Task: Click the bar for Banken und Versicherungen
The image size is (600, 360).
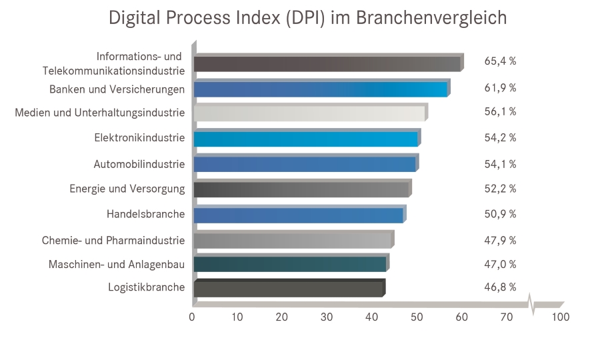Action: (x=320, y=89)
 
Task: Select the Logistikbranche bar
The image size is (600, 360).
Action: (x=288, y=288)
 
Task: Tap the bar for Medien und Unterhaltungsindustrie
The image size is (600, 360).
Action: (x=310, y=113)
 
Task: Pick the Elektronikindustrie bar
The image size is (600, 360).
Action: (x=306, y=139)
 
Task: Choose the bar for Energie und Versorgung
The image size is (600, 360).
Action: (x=301, y=189)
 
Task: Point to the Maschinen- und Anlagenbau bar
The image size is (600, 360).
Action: (x=290, y=264)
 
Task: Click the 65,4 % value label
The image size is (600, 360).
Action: (x=500, y=61)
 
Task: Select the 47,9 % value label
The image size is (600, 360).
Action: (x=500, y=239)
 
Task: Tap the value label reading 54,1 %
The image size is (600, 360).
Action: (x=500, y=164)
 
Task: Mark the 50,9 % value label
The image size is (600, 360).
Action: (x=500, y=214)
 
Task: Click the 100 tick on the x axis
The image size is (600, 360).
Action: (x=561, y=317)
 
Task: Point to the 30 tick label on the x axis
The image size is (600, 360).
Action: (x=327, y=317)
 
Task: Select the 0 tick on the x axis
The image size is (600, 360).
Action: (x=192, y=317)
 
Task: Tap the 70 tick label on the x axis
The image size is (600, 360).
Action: (x=507, y=317)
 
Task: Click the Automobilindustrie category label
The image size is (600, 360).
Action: (x=139, y=164)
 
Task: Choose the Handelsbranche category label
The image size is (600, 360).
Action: (x=145, y=214)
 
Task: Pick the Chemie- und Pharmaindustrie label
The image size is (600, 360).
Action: (x=113, y=239)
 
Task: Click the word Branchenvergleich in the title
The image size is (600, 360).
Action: (x=431, y=19)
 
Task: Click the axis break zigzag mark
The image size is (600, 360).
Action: (x=531, y=303)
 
